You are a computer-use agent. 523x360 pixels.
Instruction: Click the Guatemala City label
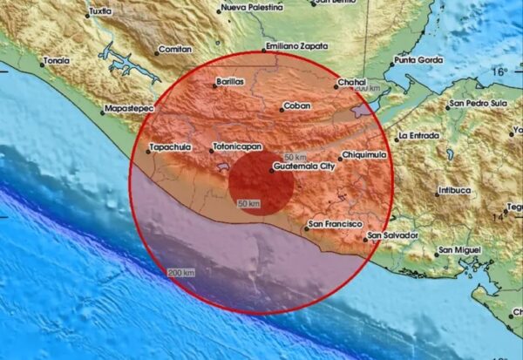coord(303,164)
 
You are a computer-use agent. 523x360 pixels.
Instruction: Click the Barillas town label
coord(233,83)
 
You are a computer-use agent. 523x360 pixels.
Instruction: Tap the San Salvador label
coord(394,235)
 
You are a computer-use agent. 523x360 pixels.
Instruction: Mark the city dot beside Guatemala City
coord(271,171)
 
